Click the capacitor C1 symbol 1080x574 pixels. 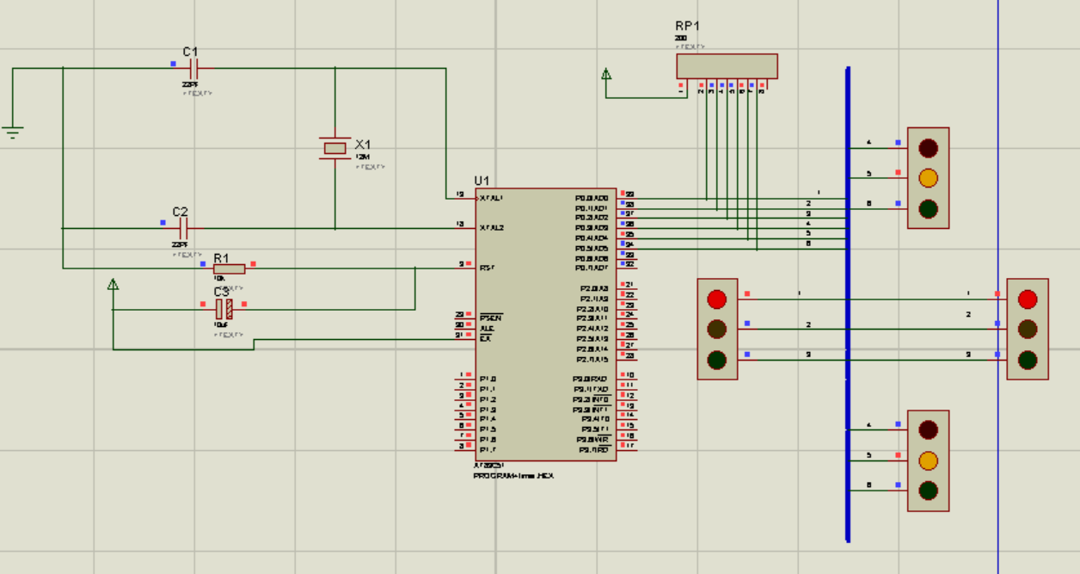(193, 68)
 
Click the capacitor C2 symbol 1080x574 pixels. (182, 228)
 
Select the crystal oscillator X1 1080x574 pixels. (334, 148)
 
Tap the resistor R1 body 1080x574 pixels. (230, 268)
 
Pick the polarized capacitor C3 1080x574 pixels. (224, 310)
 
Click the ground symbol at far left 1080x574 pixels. (12, 132)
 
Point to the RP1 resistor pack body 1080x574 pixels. (727, 66)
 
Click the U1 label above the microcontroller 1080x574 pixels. (482, 181)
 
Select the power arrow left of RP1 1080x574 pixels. (606, 75)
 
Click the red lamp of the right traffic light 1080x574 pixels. (1028, 299)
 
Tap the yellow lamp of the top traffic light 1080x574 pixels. (928, 178)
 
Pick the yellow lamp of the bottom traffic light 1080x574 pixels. (928, 460)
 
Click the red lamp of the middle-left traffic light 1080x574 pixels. (716, 299)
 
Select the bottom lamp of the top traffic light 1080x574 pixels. (928, 209)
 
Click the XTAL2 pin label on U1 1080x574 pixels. (491, 228)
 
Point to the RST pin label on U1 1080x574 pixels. (487, 268)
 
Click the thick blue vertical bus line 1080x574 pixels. (848, 387)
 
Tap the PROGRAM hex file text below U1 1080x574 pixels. (513, 476)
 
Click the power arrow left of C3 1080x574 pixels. (113, 285)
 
